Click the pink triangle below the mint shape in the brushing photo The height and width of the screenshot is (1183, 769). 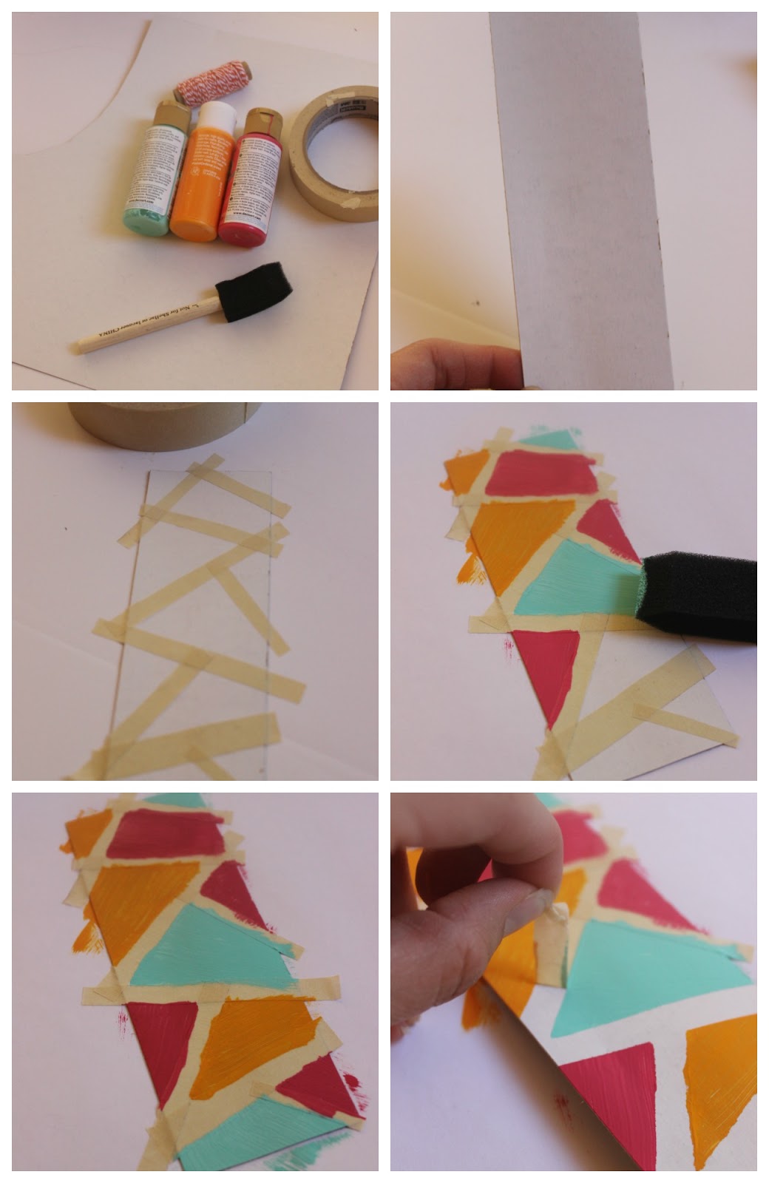[x=551, y=669]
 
